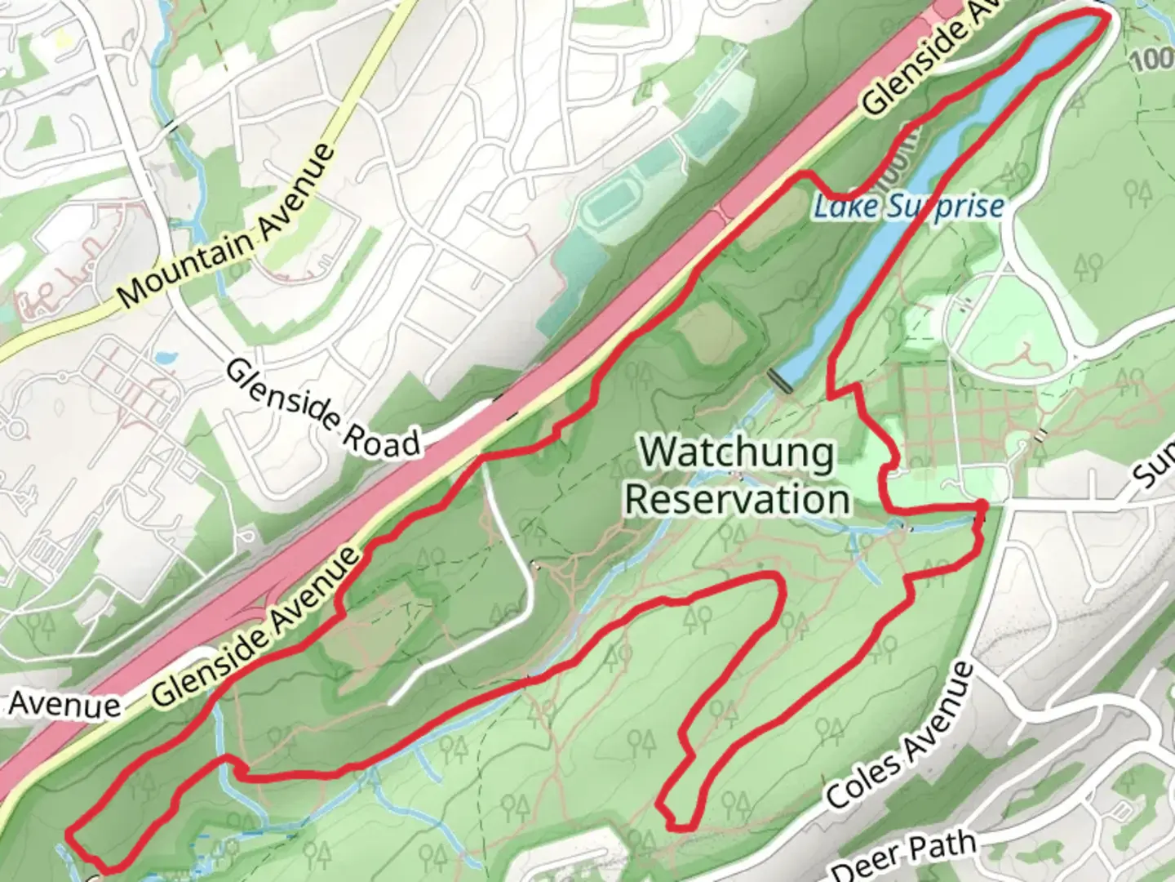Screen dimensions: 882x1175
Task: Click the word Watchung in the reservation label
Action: coord(737,452)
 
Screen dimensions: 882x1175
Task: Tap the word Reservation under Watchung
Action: coord(737,498)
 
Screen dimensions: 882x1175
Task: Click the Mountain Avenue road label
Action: coord(226,227)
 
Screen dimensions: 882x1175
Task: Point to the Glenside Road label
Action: coord(321,408)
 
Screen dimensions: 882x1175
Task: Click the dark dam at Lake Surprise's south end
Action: coord(781,380)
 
